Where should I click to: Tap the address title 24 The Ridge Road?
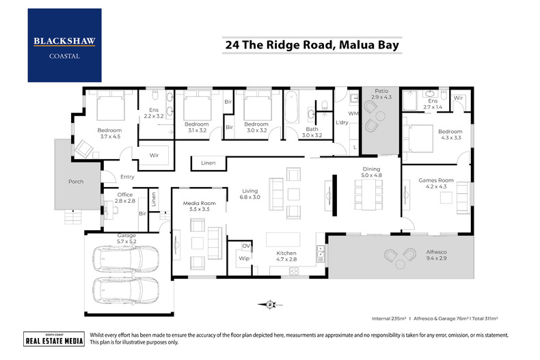[x=311, y=46]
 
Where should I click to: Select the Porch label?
[x=75, y=182]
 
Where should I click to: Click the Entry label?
[x=128, y=177]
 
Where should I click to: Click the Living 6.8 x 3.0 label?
[x=250, y=193]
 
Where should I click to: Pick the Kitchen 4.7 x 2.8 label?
[x=286, y=256]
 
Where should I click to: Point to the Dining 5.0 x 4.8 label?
[x=371, y=171]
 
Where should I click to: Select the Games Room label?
[x=432, y=184]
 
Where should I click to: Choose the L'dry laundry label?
[x=342, y=122]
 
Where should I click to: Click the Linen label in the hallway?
[x=208, y=163]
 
